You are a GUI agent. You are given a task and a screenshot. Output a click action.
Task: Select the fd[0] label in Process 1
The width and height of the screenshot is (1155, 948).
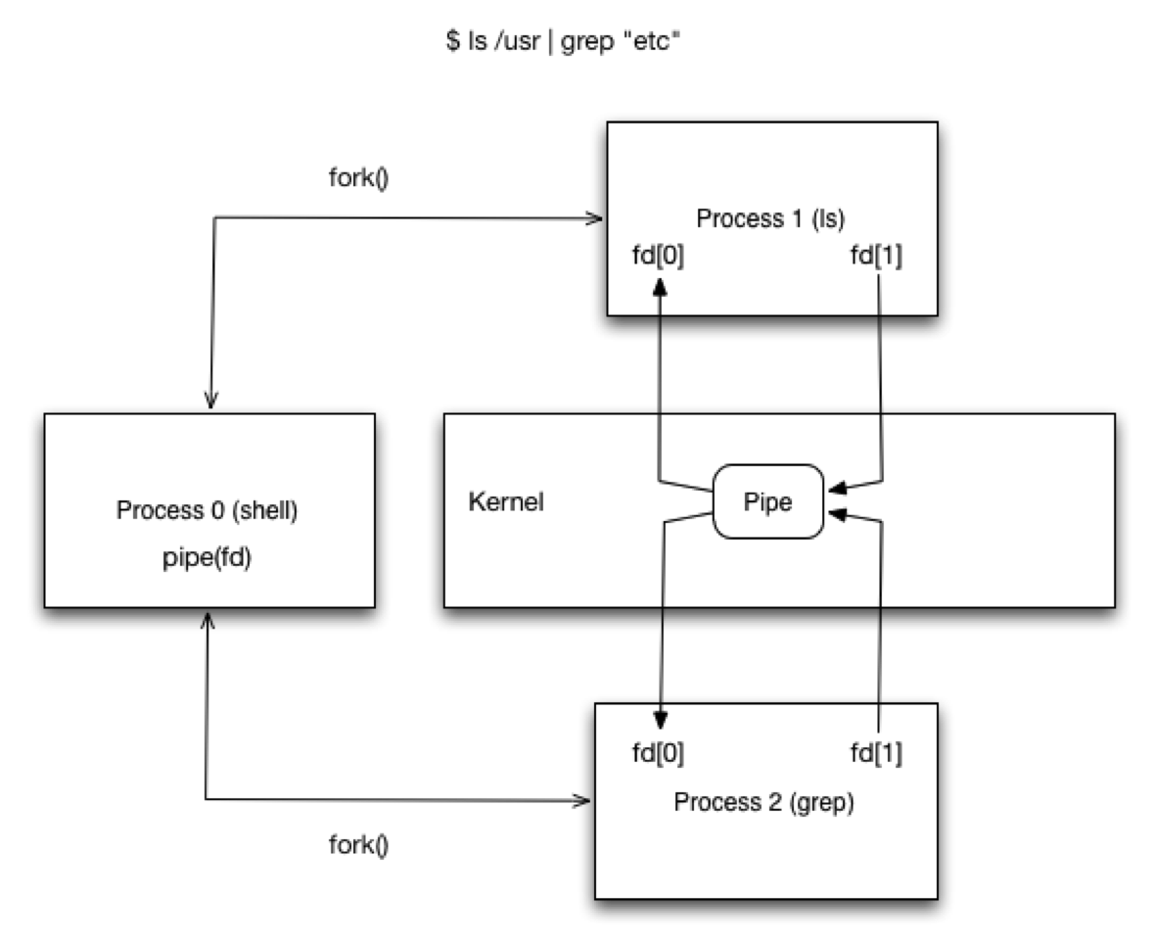(660, 256)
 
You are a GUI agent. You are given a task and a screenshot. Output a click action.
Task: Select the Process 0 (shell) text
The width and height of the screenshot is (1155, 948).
(208, 510)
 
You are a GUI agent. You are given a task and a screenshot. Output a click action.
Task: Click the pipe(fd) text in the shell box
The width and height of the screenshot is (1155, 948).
(208, 561)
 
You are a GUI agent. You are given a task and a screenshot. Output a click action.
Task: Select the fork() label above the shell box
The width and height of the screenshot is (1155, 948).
(358, 180)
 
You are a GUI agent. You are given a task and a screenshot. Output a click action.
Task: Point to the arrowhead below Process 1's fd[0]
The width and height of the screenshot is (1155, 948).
(661, 285)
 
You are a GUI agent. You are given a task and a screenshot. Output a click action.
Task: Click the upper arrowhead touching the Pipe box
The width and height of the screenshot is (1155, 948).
(834, 487)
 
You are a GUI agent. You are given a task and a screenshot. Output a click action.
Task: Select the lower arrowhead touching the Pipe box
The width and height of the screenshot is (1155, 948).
(834, 513)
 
